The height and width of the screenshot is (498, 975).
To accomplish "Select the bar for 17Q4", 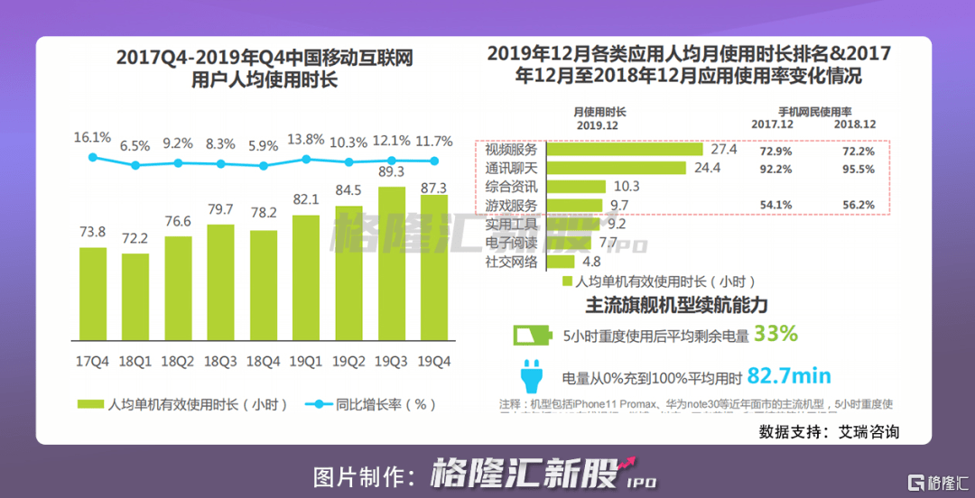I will coord(93,293).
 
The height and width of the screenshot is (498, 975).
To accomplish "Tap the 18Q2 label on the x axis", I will coord(178,361).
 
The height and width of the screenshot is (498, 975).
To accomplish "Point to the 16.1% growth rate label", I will coord(92,138).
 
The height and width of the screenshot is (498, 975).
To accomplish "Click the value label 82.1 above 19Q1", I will coord(306,199).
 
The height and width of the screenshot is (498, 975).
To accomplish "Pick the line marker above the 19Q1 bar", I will coord(306,159).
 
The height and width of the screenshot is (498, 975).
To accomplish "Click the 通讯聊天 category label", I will coord(511,168).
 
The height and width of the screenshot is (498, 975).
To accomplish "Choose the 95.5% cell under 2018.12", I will coord(858,169).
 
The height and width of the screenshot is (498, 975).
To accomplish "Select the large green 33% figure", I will coord(775,334).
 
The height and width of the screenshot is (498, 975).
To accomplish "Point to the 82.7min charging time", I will coord(789,376).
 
